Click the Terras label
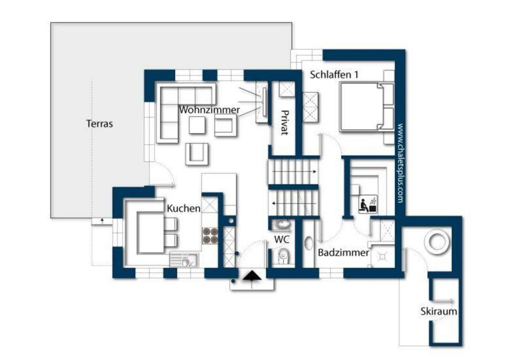click(99, 124)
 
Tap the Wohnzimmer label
click(209, 110)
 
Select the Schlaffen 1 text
click(334, 75)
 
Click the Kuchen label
click(183, 208)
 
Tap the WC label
click(281, 239)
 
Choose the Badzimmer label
click(344, 253)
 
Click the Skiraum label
click(439, 311)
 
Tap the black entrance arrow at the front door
click(252, 276)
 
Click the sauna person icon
click(368, 204)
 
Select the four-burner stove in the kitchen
click(210, 236)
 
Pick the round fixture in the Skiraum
click(437, 242)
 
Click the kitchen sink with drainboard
click(184, 260)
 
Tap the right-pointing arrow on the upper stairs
click(294, 172)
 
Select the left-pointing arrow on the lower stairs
click(294, 204)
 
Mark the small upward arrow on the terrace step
click(102, 221)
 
